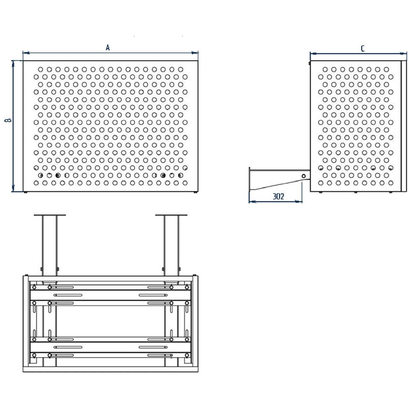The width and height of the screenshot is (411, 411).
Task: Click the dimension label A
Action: (107, 47)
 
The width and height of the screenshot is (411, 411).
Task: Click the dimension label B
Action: (8, 120)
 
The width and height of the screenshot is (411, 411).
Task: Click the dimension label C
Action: (363, 48)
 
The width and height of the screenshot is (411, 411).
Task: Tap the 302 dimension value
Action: (278, 196)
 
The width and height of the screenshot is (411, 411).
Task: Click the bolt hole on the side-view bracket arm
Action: (304, 176)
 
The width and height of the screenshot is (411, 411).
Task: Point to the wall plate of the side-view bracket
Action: (250, 180)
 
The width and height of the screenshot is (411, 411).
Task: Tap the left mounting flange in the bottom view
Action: (50, 215)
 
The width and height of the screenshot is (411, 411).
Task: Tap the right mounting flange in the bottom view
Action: (171, 215)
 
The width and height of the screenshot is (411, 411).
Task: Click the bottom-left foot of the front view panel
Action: (26, 192)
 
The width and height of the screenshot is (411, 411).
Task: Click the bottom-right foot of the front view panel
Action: (195, 192)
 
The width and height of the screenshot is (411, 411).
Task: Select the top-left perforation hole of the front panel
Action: (41, 69)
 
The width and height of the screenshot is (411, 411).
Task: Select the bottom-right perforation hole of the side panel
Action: (391, 183)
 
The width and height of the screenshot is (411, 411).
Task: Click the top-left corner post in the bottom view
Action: (26, 278)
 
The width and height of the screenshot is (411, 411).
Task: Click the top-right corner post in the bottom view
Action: (195, 278)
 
